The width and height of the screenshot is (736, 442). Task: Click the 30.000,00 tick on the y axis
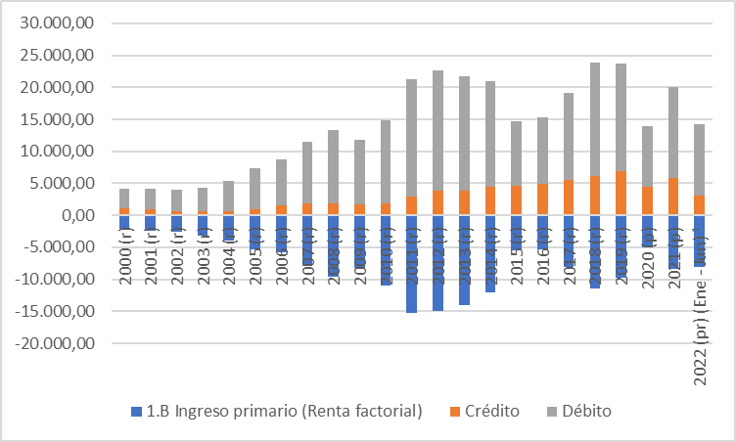point(61,22)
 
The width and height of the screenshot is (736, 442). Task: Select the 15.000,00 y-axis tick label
point(61,119)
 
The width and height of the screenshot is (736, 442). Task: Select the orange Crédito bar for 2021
point(673,197)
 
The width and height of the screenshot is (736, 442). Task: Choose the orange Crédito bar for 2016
point(542,199)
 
